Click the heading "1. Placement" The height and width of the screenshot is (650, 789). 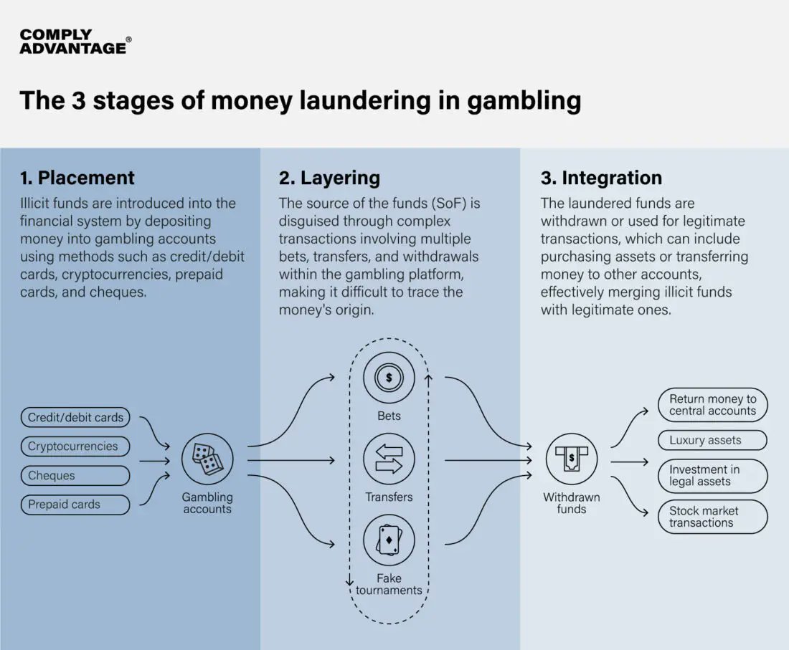pos(77,178)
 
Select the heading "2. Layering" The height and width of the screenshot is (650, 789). pos(330,178)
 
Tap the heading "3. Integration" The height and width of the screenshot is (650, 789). pos(601,178)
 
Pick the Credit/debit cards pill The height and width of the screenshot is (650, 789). pos(75,417)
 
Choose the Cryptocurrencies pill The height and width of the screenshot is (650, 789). pos(75,446)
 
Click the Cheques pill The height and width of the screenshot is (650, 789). pos(75,475)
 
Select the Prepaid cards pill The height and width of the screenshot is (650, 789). pos(75,505)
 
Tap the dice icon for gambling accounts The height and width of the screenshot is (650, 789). pos(207,459)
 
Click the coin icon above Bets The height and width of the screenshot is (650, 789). pos(389,378)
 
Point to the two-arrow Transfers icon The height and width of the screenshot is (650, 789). pos(389,459)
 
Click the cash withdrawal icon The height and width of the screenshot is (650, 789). pos(572,459)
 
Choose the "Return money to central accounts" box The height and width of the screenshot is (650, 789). pos(712,405)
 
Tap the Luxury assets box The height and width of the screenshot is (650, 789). pos(712,440)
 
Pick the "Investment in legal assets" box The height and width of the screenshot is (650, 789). pos(712,476)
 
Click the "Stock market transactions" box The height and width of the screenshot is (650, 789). pos(712,517)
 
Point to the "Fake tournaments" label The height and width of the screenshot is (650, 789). pos(389,584)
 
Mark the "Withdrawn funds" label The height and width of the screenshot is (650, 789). pos(572,503)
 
